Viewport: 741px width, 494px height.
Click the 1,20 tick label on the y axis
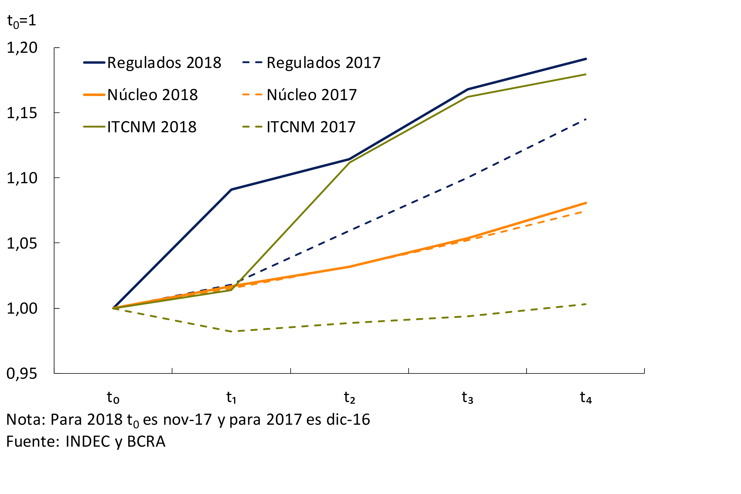pyautogui.click(x=22, y=48)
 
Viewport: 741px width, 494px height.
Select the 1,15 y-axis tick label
pyautogui.click(x=22, y=113)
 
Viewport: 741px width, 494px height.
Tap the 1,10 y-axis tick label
pyautogui.click(x=22, y=178)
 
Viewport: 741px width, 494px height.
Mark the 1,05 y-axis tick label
pyautogui.click(x=22, y=244)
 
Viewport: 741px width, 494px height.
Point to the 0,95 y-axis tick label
pyautogui.click(x=22, y=374)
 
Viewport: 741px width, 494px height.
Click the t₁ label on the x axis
pyautogui.click(x=231, y=398)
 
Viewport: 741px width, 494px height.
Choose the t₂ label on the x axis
pyautogui.click(x=349, y=398)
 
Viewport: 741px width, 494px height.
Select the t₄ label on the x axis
pyautogui.click(x=586, y=398)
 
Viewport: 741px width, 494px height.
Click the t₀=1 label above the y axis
pyautogui.click(x=21, y=21)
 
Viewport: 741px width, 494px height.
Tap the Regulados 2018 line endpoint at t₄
pyautogui.click(x=586, y=59)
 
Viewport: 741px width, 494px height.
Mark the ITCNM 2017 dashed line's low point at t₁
pyautogui.click(x=232, y=331)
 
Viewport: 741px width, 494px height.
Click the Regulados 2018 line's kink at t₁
pyautogui.click(x=231, y=190)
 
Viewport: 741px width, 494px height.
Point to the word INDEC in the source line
pyautogui.click(x=88, y=442)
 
